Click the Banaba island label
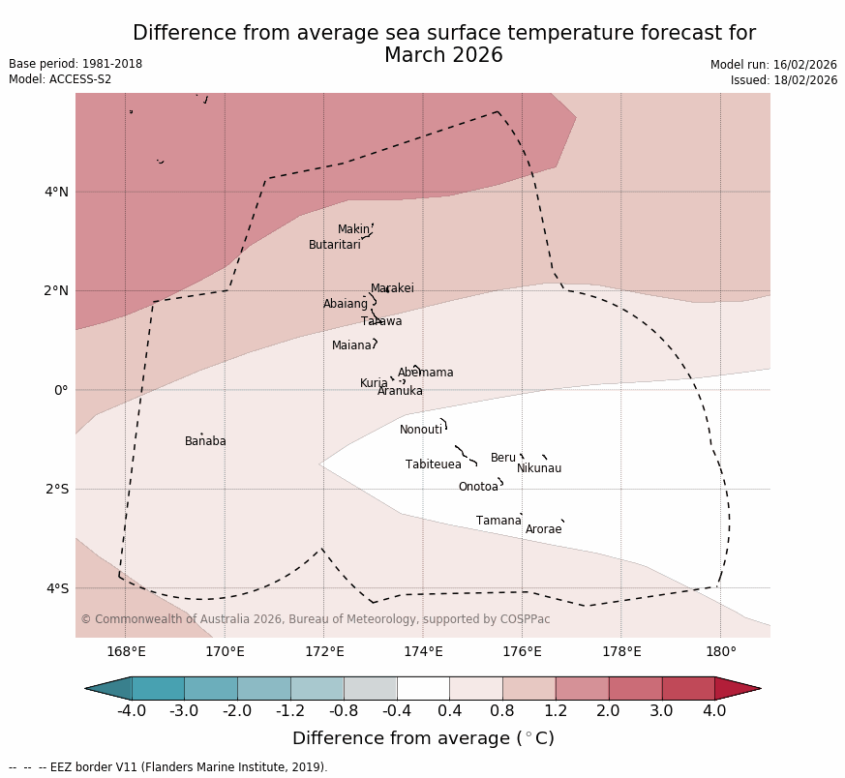click(205, 441)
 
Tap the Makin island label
click(353, 229)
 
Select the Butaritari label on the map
click(335, 245)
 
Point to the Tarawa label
click(381, 321)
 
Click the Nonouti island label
click(421, 430)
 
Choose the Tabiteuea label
click(434, 464)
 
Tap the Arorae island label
click(544, 529)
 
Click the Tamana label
click(498, 521)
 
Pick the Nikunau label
click(539, 468)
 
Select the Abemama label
click(426, 373)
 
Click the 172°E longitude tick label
click(324, 651)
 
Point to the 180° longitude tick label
click(721, 651)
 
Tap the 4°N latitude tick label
click(57, 192)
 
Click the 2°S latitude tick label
click(57, 489)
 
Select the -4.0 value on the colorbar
click(132, 711)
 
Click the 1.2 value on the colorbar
click(556, 711)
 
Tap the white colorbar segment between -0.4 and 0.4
click(423, 688)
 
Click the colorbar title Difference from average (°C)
click(423, 738)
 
